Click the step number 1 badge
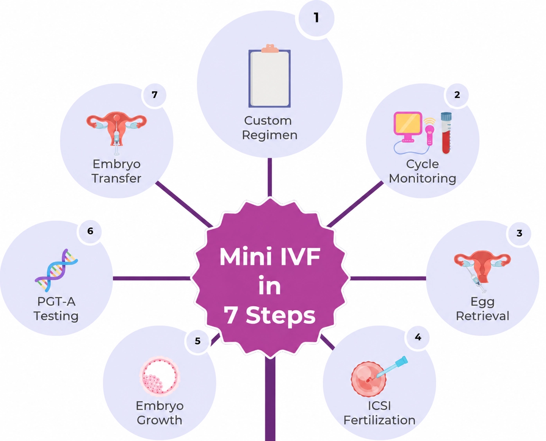[317, 18]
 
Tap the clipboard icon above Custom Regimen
[269, 76]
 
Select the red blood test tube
[446, 133]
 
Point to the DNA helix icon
[56, 270]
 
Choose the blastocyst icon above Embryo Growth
[159, 376]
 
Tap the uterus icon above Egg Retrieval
[482, 269]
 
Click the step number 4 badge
[418, 337]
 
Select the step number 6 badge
[90, 231]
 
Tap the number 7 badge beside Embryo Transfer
[154, 95]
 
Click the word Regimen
[270, 135]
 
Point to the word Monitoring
[422, 178]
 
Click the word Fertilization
[379, 420]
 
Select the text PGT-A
[56, 302]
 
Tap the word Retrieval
[483, 316]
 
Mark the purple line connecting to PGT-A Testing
[152, 278]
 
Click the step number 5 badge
[197, 341]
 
